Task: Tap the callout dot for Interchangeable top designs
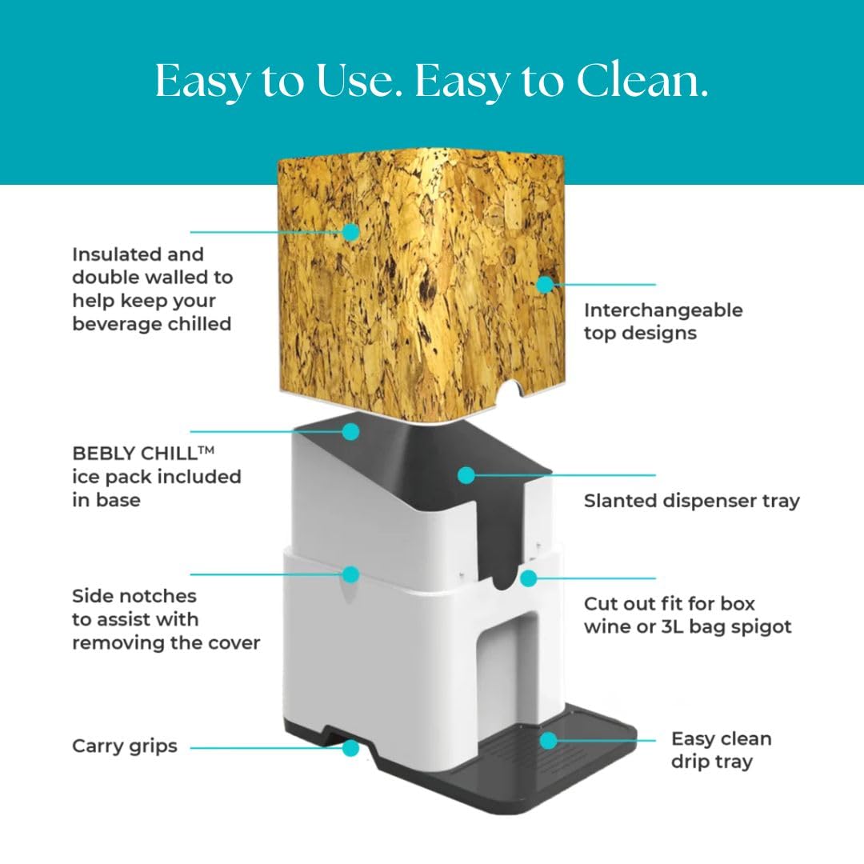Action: point(545,284)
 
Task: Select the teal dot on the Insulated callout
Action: point(350,232)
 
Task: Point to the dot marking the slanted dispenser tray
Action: point(466,475)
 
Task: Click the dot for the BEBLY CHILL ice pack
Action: point(350,431)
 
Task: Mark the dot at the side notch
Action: point(350,574)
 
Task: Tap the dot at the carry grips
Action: point(350,748)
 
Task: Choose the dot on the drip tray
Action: point(548,741)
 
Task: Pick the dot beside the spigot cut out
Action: point(529,578)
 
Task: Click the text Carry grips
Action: point(125,746)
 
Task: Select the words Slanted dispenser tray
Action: point(691,501)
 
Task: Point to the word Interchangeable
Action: point(663,310)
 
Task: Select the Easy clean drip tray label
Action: point(722,750)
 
